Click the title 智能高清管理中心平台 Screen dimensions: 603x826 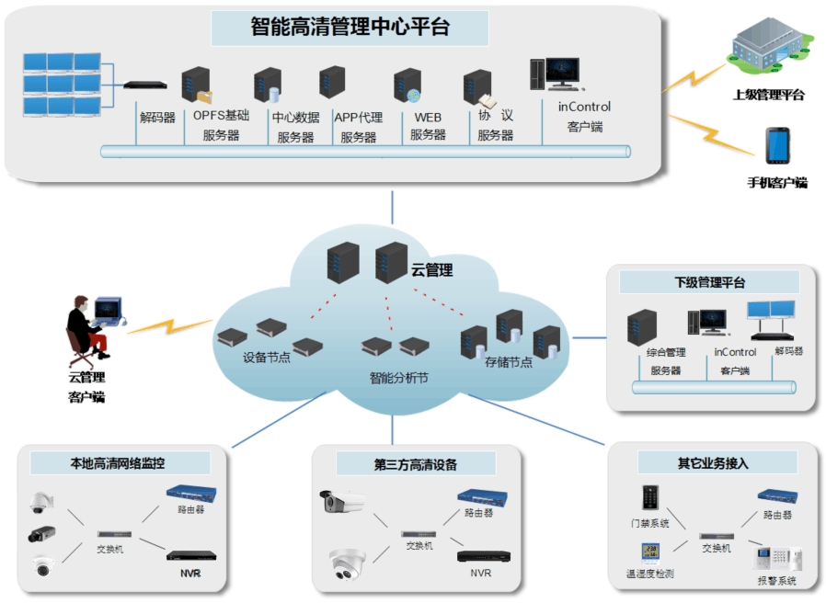350,27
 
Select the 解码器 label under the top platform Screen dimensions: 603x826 157,118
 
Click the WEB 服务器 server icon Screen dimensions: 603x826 407,85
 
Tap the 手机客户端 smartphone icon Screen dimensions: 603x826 774,145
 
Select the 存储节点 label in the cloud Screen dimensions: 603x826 508,362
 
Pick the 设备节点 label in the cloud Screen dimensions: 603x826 266,358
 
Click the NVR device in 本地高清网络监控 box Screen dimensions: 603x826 191,554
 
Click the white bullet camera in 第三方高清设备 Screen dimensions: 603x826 342,502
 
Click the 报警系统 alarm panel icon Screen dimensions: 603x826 776,557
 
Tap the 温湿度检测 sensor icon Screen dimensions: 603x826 650,553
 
